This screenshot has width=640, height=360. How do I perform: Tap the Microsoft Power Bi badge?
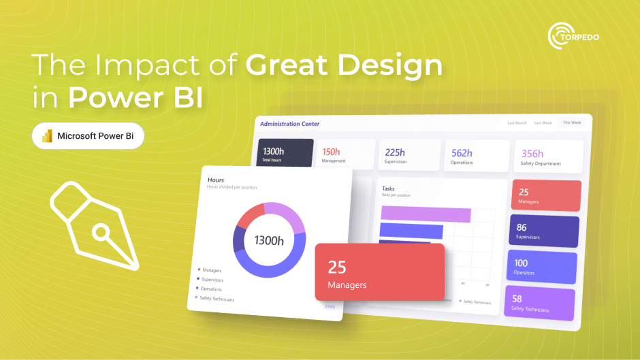[88, 136]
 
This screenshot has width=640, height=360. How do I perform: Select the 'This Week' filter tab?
[571, 123]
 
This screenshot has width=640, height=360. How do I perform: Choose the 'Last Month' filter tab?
[517, 123]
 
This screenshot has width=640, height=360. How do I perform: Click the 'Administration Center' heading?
[289, 124]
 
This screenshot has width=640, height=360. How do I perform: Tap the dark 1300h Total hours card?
[285, 154]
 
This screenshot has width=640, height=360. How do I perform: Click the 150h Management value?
[332, 152]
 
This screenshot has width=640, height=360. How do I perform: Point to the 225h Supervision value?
[394, 152]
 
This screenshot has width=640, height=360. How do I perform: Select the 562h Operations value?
[462, 152]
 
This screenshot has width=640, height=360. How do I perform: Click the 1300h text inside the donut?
[269, 240]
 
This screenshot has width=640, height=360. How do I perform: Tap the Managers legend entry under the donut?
[212, 270]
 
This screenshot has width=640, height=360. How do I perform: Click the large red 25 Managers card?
[379, 272]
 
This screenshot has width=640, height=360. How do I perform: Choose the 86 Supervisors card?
[544, 231]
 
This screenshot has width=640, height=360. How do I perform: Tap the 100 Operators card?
[543, 267]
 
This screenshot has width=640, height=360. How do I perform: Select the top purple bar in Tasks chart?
[426, 214]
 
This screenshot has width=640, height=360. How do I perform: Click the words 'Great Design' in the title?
[343, 67]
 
